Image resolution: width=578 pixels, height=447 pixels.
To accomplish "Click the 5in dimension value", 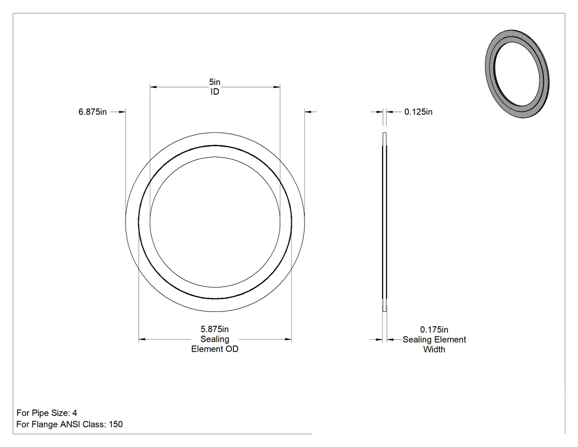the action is (x=215, y=82).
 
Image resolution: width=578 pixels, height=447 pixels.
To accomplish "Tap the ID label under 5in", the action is (x=215, y=92).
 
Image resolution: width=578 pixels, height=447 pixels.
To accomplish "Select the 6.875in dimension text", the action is (x=92, y=112).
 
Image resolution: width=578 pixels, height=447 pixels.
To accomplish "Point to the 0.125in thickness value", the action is (x=418, y=112).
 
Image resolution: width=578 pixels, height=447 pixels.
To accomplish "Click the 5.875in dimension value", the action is (x=215, y=329).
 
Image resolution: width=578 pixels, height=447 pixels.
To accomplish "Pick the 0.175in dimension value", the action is (x=434, y=330).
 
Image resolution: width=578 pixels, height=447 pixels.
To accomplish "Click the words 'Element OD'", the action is (x=215, y=349).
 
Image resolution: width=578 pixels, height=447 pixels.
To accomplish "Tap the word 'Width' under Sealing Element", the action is (x=434, y=349).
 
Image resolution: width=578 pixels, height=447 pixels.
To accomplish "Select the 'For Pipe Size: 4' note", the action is (x=47, y=413).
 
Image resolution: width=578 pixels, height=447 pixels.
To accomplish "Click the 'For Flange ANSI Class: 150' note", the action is (x=70, y=424).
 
